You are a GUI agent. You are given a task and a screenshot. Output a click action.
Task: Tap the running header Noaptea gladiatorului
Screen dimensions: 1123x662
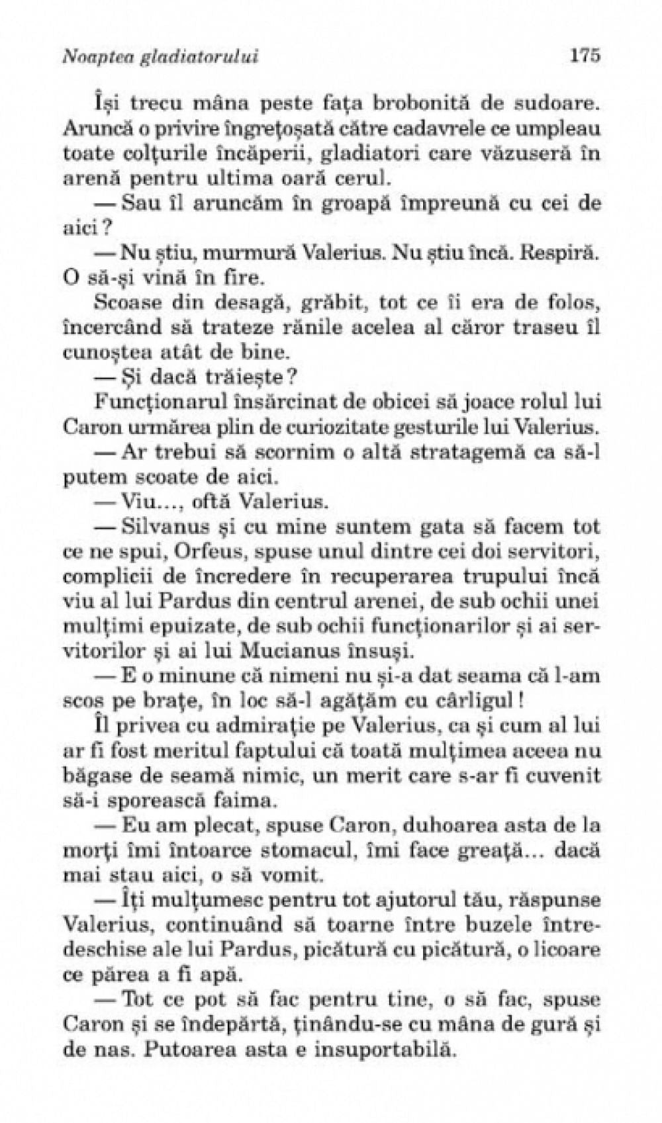[160, 58]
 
